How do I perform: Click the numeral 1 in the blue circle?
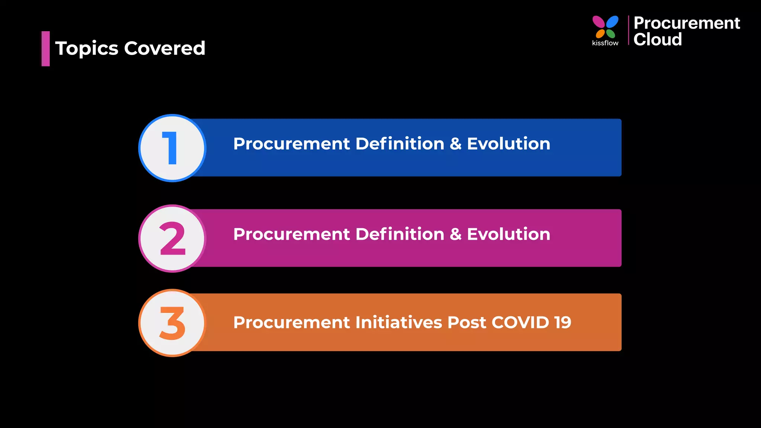(x=171, y=148)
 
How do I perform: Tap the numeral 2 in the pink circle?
(x=172, y=239)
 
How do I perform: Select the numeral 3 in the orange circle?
(x=172, y=323)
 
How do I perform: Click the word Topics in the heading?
(x=87, y=49)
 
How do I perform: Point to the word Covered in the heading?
(x=165, y=48)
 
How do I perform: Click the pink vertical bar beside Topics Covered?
(x=45, y=49)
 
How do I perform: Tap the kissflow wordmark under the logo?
(x=605, y=43)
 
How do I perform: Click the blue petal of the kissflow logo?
(x=612, y=22)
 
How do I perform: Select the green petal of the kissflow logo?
(x=611, y=33)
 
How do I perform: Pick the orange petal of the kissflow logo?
(x=600, y=34)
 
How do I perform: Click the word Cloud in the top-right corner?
(x=657, y=39)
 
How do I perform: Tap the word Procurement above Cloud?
(x=687, y=23)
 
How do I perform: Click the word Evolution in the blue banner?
(x=508, y=144)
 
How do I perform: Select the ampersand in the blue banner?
(x=456, y=144)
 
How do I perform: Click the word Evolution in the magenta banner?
(x=508, y=234)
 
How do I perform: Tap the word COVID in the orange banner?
(x=520, y=322)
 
